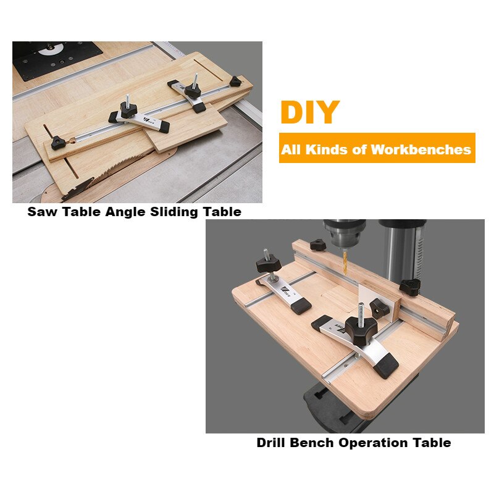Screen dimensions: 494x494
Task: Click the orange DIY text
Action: pos(309,112)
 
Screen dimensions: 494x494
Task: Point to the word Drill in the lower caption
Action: pos(273,443)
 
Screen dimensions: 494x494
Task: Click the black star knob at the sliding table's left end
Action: pos(61,144)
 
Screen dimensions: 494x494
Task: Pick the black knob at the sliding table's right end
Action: pos(235,80)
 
